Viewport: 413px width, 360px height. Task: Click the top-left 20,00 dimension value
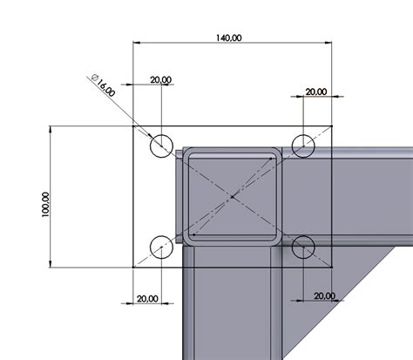(160, 79)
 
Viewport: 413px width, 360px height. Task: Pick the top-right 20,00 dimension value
(315, 92)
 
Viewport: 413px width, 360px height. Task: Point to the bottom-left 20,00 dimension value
(147, 298)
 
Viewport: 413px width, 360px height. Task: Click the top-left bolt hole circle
(161, 146)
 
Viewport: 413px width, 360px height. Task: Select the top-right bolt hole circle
(303, 146)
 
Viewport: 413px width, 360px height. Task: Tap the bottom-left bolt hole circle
(161, 248)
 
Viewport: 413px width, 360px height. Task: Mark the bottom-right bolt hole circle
(303, 248)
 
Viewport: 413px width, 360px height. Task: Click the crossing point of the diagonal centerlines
(232, 197)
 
